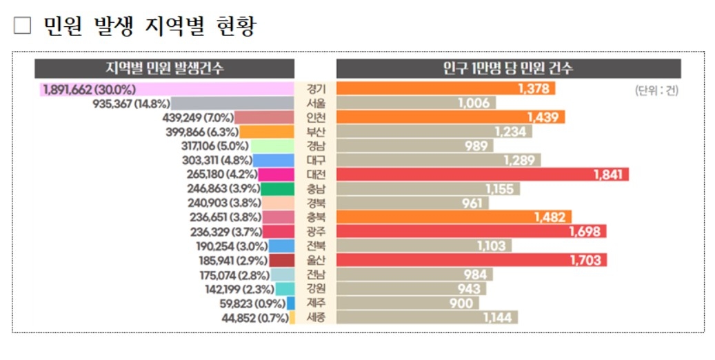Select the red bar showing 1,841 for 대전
(482, 174)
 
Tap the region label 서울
(316, 103)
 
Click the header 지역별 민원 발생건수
(165, 68)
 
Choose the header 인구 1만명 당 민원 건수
(508, 68)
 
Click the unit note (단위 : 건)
(656, 90)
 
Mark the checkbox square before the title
(23, 26)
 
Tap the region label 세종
(316, 317)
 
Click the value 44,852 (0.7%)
(255, 318)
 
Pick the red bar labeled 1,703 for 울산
(472, 260)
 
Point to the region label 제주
(316, 303)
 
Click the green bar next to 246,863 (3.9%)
(279, 189)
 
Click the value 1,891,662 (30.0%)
(89, 89)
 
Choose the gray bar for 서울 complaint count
(232, 103)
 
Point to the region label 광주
(316, 232)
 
